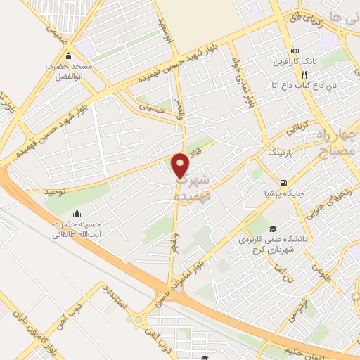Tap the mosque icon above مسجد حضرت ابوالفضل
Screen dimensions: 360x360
point(68,57)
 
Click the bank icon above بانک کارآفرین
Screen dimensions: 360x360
point(295,51)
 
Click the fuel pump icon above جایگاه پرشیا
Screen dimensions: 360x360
point(284,179)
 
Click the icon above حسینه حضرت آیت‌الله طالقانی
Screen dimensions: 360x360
point(77,213)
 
